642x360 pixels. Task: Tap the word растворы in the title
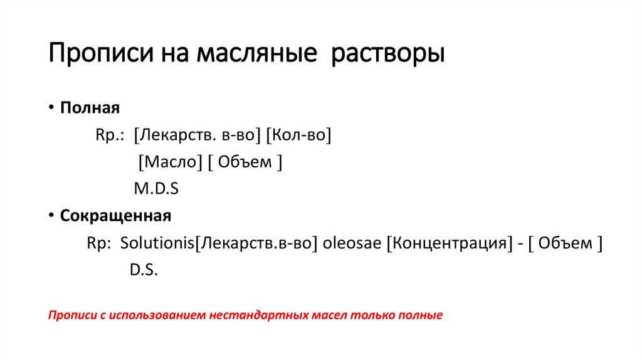[x=388, y=53]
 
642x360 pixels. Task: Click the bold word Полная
[x=90, y=107]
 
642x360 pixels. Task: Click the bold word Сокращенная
[x=115, y=216]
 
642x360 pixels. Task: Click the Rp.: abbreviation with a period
[x=110, y=135]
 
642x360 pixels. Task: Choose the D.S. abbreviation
[x=144, y=270]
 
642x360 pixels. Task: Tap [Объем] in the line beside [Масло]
[x=245, y=162]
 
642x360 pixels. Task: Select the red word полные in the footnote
[x=421, y=315]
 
